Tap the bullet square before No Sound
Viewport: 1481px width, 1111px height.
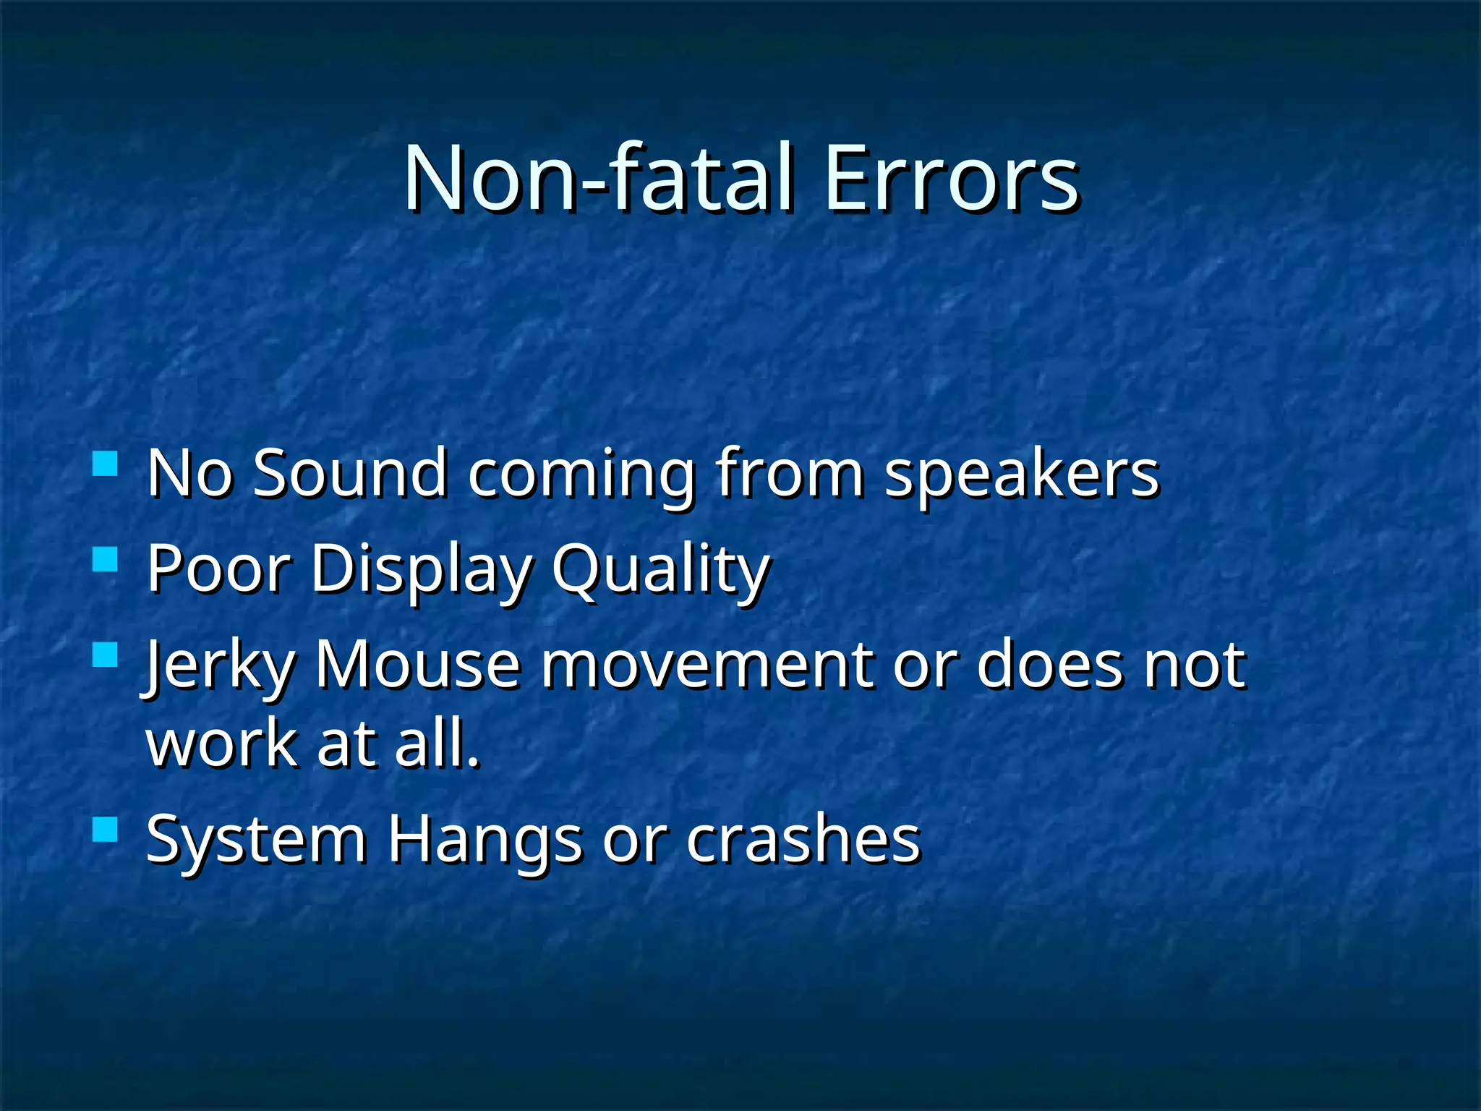pyautogui.click(x=106, y=463)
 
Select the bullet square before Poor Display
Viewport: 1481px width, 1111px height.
pyautogui.click(x=106, y=559)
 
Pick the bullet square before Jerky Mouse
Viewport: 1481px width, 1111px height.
pyautogui.click(x=106, y=655)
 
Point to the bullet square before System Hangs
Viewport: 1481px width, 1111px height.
pyautogui.click(x=106, y=830)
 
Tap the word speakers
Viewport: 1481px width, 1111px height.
pyautogui.click(x=1022, y=474)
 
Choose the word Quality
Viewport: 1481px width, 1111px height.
pyautogui.click(x=660, y=570)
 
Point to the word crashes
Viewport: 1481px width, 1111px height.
pyautogui.click(x=803, y=839)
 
